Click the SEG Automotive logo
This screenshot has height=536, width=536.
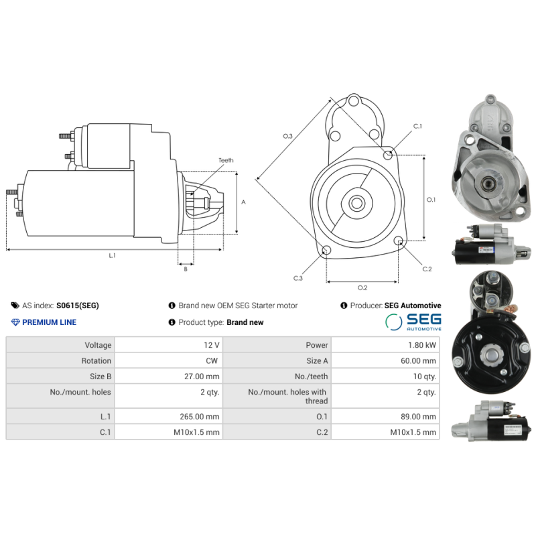coord(413,322)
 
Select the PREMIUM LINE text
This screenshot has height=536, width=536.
coord(49,322)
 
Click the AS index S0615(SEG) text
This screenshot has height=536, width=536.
coord(77,306)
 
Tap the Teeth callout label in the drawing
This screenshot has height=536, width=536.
coord(226,161)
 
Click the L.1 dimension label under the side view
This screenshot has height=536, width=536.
coord(113,255)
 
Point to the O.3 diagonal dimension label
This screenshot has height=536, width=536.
coord(287,137)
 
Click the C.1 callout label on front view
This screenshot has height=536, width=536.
coord(417,126)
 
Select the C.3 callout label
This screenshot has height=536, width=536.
coord(297,277)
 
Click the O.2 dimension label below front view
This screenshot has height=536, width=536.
coord(362,288)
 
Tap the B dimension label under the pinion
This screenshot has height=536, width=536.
coord(186,269)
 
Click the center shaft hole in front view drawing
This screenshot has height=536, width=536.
coord(356,202)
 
